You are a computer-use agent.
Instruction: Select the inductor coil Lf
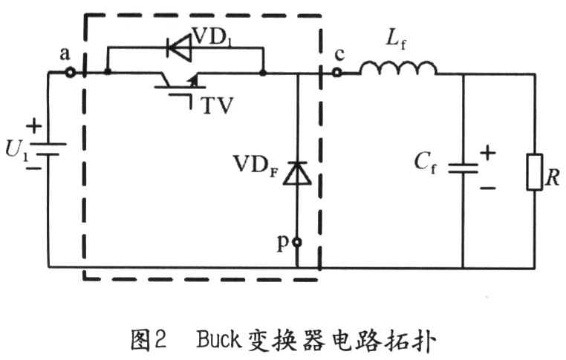pyautogui.click(x=398, y=68)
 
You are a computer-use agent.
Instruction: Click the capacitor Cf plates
pyautogui.click(x=463, y=168)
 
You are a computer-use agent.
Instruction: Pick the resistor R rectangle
pyautogui.click(x=535, y=172)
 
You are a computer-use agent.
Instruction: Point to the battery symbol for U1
pyautogui.click(x=48, y=148)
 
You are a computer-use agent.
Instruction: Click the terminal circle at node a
pyautogui.click(x=70, y=73)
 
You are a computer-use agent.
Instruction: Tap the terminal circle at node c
pyautogui.click(x=336, y=73)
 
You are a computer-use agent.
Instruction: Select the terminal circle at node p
pyautogui.click(x=297, y=243)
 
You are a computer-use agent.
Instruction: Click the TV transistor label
pyautogui.click(x=218, y=105)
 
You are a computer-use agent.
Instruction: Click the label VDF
pyautogui.click(x=256, y=166)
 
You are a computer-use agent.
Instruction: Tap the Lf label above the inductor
pyautogui.click(x=396, y=39)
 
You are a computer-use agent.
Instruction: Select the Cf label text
pyautogui.click(x=425, y=162)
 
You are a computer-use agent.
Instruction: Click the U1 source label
pyautogui.click(x=16, y=149)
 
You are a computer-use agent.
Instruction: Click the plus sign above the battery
pyautogui.click(x=34, y=126)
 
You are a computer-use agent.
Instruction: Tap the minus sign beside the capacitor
pyautogui.click(x=488, y=188)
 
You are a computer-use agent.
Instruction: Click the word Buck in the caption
pyautogui.click(x=218, y=339)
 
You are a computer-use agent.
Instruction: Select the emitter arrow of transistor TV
pyautogui.click(x=193, y=80)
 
